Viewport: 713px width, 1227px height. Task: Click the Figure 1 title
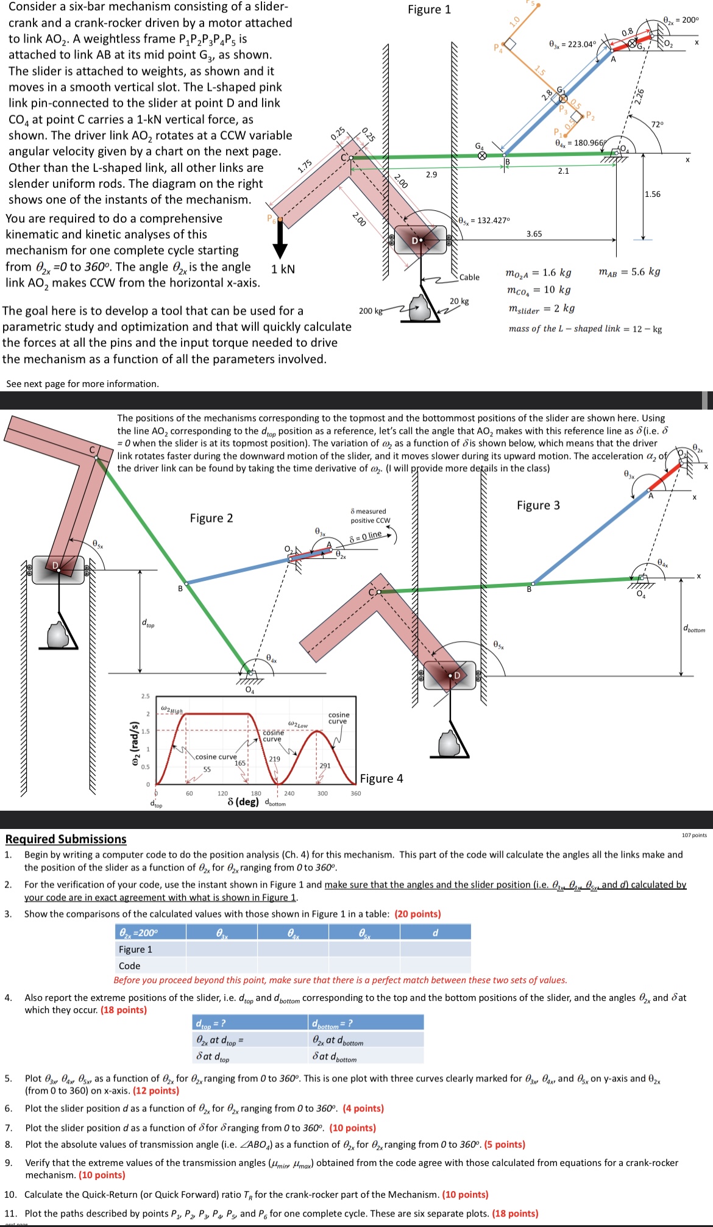coord(429,10)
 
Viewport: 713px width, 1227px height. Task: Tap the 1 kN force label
coord(283,269)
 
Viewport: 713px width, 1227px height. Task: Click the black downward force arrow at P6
coord(280,240)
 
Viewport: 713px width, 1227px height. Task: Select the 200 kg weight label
coord(371,311)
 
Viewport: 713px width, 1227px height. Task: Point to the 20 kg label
coord(459,301)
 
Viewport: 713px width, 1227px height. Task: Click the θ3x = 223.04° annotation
coord(572,44)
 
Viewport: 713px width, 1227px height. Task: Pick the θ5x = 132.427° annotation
coord(484,220)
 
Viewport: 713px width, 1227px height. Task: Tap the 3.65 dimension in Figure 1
coord(534,234)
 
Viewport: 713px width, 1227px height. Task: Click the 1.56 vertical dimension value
coord(652,194)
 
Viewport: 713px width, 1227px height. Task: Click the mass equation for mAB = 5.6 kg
coord(630,271)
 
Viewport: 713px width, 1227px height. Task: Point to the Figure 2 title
coord(211,518)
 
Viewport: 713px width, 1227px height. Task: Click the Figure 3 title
coord(538,505)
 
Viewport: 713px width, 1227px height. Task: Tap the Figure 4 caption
coord(381,778)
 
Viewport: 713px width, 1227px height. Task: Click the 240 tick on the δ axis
coord(289,794)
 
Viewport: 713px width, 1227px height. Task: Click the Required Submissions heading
coord(66,839)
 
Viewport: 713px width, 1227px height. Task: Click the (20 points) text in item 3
coord(417,914)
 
